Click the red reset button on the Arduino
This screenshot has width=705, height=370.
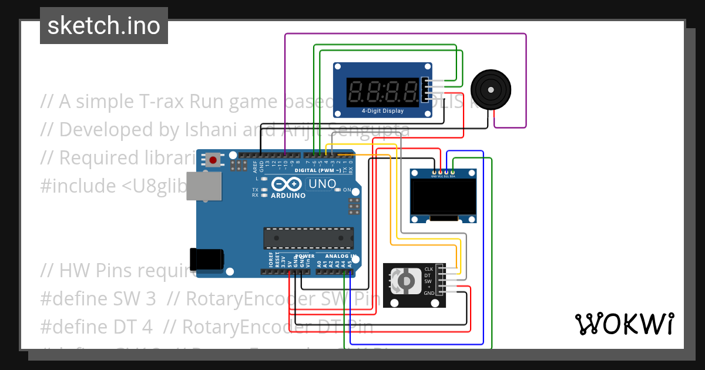tap(213, 159)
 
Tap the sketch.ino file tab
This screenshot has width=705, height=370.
tap(104, 26)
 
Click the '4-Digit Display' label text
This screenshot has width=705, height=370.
tap(382, 110)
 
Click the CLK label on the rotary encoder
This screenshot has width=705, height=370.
tap(428, 269)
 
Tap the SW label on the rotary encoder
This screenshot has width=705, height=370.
tap(428, 281)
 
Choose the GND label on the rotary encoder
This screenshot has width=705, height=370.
tap(429, 292)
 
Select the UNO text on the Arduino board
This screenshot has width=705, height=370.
tap(322, 184)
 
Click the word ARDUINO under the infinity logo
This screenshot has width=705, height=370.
tap(288, 196)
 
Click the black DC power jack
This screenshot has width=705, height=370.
tap(206, 259)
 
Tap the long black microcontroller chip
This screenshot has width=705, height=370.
tap(308, 237)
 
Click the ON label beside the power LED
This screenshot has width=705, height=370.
tap(347, 190)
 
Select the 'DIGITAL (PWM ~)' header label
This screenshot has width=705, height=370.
tap(317, 170)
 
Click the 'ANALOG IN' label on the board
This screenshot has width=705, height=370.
tap(337, 257)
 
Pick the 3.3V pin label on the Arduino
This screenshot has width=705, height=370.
tap(284, 263)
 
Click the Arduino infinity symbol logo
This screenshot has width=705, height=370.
tap(288, 184)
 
